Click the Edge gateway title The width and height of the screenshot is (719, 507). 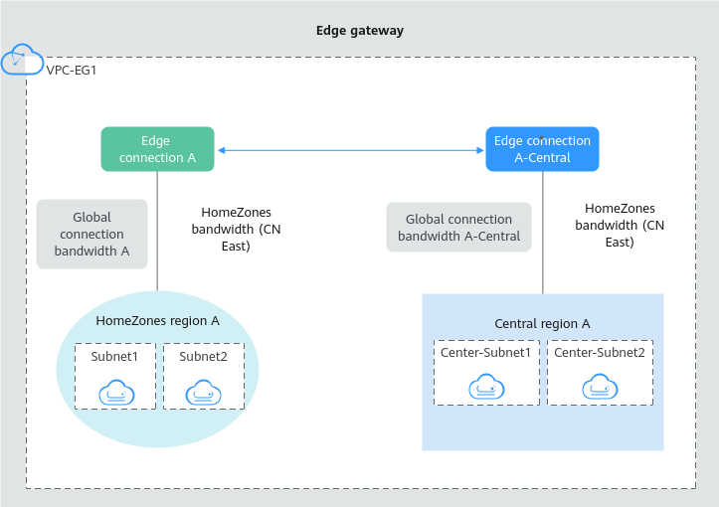359,31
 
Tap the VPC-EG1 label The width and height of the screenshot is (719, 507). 71,71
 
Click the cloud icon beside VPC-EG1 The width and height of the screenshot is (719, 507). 22,60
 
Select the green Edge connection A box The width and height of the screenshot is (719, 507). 157,149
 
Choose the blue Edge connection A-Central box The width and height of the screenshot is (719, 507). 542,149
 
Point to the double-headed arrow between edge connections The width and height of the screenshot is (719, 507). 350,150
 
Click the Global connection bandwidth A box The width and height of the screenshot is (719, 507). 91,235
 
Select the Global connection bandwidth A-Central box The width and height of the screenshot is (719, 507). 458,228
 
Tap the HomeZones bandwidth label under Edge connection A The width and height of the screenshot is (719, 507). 236,229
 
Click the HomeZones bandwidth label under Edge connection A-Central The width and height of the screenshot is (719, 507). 620,225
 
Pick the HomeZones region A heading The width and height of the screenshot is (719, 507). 157,320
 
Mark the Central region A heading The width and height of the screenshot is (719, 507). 542,323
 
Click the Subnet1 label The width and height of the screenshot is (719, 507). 115,356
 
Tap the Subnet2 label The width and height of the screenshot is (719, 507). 203,356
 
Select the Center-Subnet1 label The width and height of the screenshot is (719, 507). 486,352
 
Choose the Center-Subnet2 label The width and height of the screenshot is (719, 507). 599,352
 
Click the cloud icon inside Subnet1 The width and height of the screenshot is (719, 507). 116,393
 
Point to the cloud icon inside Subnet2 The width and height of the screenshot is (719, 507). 204,393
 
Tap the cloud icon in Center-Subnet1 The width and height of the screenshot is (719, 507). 486,386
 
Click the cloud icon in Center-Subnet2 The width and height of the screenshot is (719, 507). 599,386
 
